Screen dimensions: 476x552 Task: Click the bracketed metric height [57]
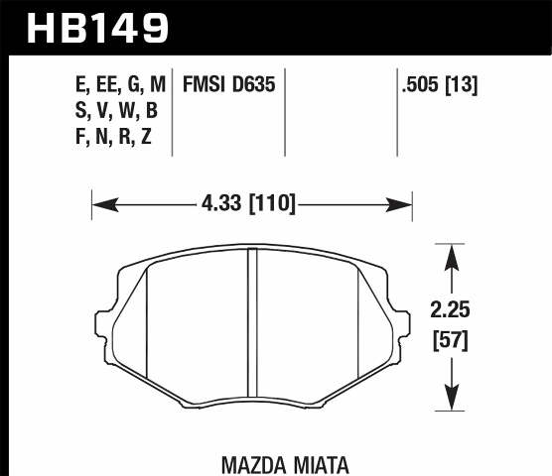(453, 342)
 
